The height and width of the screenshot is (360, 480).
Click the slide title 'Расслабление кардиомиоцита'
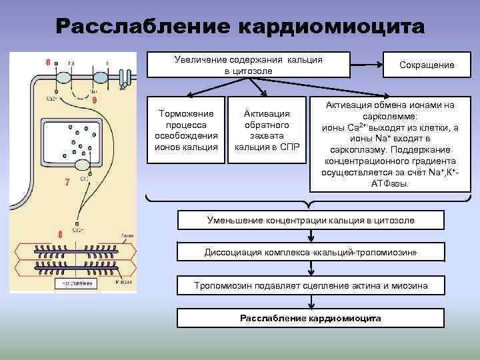(x=239, y=27)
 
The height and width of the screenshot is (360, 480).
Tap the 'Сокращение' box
(x=427, y=65)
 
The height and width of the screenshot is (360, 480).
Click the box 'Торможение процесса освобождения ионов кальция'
(x=186, y=130)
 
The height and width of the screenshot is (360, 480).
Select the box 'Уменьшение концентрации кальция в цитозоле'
(x=311, y=219)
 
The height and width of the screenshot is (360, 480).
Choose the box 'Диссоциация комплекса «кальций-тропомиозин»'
(x=311, y=252)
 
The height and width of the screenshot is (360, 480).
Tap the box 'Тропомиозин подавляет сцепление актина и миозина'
(x=311, y=285)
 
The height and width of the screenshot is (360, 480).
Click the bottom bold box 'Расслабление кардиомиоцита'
(x=311, y=318)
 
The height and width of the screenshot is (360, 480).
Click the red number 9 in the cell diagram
(x=95, y=100)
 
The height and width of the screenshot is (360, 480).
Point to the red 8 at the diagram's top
(x=48, y=63)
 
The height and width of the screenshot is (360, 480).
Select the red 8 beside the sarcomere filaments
(x=60, y=235)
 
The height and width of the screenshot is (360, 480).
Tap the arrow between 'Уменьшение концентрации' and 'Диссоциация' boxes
(x=311, y=235)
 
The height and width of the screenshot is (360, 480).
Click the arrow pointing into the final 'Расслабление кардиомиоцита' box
(x=311, y=301)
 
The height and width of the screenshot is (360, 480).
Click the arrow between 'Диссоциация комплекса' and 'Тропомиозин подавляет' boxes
(x=311, y=268)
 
